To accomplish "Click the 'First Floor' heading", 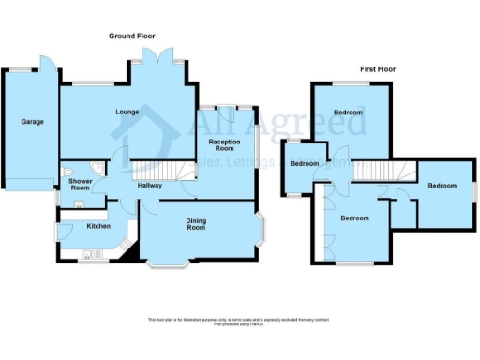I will [382, 69].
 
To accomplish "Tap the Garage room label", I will [21, 122].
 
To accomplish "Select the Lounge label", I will [128, 113].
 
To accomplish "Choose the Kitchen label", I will [99, 226].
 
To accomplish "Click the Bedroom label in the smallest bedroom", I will [305, 164].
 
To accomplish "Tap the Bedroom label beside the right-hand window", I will [442, 186].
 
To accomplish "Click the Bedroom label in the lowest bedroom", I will [354, 218].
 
